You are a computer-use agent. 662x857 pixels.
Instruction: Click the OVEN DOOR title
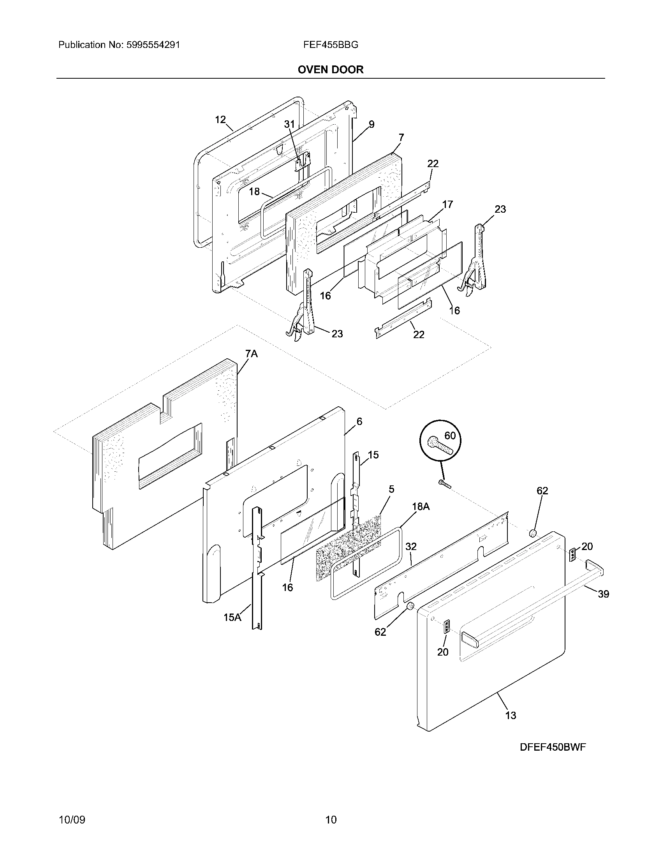coord(330,70)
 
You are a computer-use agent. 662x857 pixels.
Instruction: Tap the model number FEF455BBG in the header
coord(330,45)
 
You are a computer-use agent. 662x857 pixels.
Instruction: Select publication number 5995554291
coord(153,45)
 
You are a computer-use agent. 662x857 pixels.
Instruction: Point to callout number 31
coord(289,124)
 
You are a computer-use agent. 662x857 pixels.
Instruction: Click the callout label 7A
coord(252,354)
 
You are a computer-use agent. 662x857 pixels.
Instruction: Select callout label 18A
coord(421,506)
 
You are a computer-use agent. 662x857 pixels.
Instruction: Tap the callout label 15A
coord(232,617)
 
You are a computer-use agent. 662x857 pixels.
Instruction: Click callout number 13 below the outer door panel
coord(510,715)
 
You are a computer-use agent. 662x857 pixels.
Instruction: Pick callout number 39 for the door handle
coord(603,594)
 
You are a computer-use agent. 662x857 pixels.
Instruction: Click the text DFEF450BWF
coord(553,747)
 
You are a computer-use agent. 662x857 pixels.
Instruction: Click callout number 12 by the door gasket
coord(220,119)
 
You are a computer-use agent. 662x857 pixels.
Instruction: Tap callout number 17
coord(447,204)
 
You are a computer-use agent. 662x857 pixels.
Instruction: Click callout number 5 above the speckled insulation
coord(391,489)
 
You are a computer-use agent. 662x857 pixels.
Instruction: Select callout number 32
coord(410,546)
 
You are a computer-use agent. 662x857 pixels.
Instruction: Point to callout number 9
coord(371,124)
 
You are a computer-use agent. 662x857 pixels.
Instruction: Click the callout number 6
coord(359,421)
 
